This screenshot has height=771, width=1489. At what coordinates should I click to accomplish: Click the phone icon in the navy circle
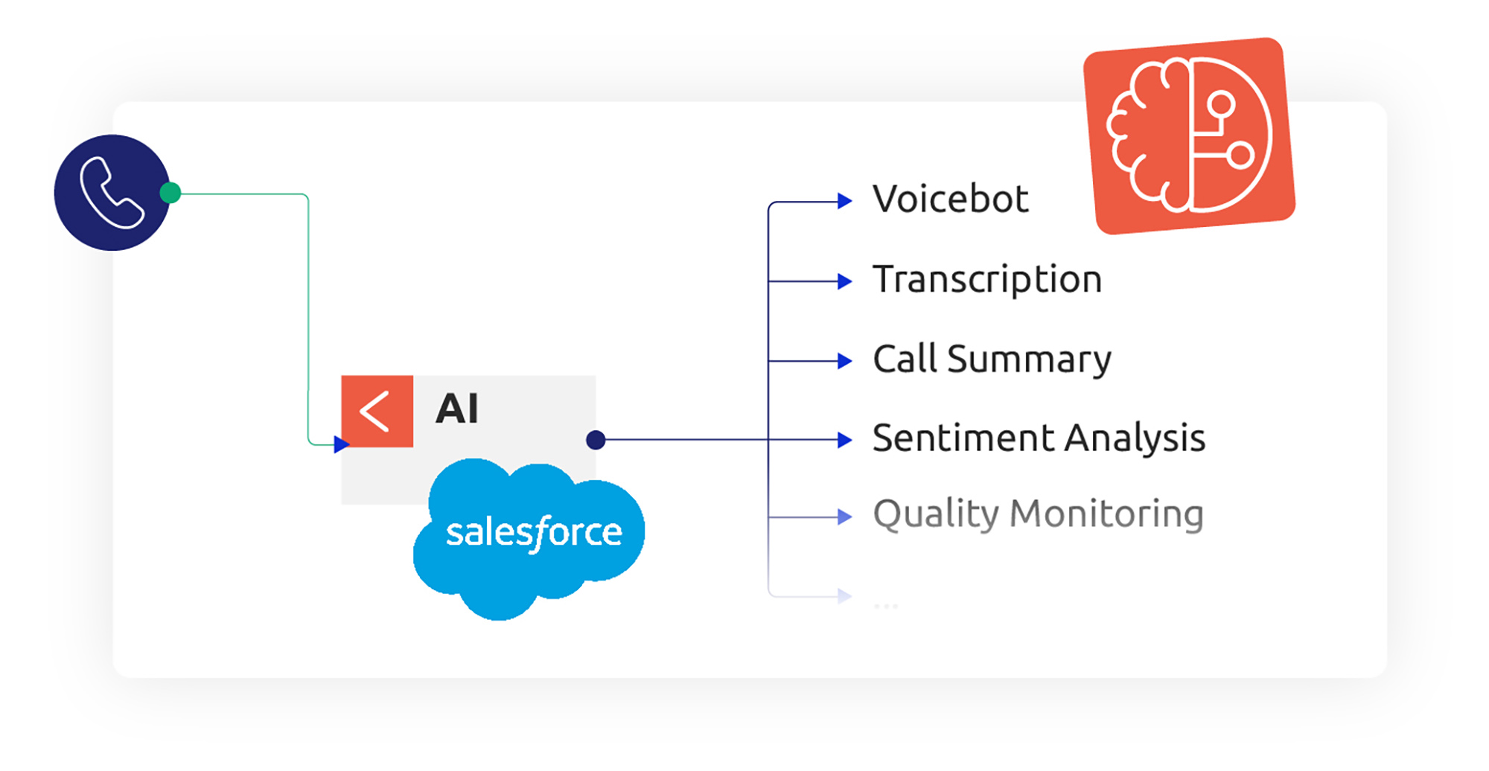click(x=112, y=193)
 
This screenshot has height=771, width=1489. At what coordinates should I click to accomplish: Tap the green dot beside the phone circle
click(x=170, y=193)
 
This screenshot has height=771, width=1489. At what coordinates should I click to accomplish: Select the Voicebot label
click(x=950, y=199)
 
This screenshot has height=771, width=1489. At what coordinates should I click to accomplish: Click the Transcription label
click(x=986, y=280)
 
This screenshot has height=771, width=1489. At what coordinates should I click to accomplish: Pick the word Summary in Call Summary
click(x=1029, y=359)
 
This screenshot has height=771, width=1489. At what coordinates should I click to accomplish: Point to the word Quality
click(x=936, y=514)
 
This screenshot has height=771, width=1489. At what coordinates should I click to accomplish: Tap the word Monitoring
click(x=1106, y=514)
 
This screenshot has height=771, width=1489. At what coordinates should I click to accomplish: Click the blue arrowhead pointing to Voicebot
click(x=844, y=201)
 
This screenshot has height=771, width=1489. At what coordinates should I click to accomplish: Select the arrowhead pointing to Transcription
click(x=844, y=281)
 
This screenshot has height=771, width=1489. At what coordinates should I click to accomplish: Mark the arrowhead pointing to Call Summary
click(x=844, y=361)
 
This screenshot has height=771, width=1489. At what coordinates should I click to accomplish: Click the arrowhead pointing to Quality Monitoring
click(x=844, y=516)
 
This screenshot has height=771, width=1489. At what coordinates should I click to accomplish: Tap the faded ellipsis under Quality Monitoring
click(x=886, y=606)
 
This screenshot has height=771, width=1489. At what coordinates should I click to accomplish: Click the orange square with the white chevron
click(x=377, y=412)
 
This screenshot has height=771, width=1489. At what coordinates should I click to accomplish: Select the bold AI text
click(x=457, y=409)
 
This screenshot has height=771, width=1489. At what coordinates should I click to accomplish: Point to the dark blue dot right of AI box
click(x=596, y=440)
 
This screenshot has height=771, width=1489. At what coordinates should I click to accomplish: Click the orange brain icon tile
click(x=1189, y=136)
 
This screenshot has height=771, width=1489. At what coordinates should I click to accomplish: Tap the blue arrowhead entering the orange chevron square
click(x=342, y=444)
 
